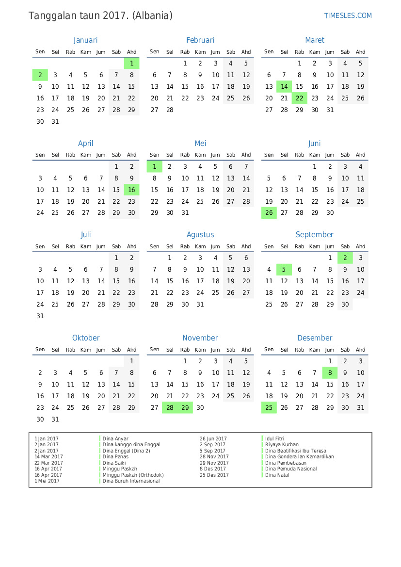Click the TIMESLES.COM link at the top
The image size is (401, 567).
(348, 16)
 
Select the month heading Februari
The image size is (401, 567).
(200, 40)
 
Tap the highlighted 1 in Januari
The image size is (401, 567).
(131, 63)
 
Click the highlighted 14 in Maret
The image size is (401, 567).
(284, 86)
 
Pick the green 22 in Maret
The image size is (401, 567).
(300, 98)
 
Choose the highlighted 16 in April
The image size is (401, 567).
(131, 190)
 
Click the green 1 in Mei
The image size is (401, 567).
(154, 166)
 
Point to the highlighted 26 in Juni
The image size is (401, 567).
(269, 212)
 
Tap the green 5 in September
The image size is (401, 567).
(284, 269)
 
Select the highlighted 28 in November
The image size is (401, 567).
(170, 407)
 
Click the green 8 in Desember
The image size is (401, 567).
(330, 373)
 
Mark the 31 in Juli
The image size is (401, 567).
(40, 316)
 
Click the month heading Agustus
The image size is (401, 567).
(200, 235)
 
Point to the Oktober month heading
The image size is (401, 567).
(86, 338)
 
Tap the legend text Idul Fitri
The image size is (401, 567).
(274, 438)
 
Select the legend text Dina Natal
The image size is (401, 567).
(277, 475)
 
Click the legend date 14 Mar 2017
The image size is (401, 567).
(48, 456)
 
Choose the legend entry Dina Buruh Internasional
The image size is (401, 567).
(131, 481)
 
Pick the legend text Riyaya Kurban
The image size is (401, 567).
(282, 444)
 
